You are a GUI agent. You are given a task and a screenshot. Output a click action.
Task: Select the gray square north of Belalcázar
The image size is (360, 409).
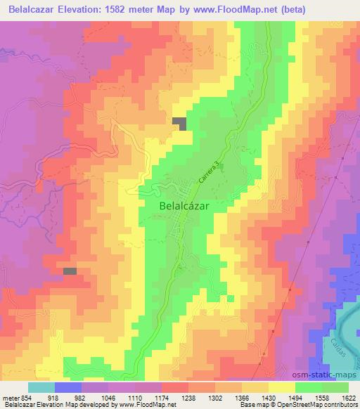click(x=181, y=123)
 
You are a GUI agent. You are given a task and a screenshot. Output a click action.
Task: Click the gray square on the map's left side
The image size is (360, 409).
click(x=70, y=271)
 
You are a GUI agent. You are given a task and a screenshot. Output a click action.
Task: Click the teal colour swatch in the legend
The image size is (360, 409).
click(x=41, y=387)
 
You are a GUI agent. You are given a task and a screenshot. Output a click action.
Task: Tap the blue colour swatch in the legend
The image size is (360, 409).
click(x=68, y=387)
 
